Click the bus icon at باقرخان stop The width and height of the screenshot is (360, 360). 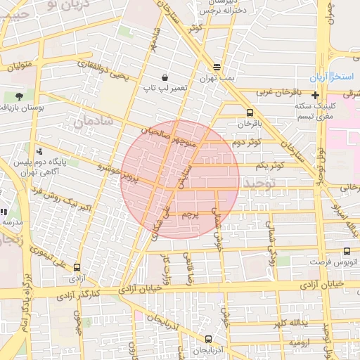pyautogui.click(x=250, y=112)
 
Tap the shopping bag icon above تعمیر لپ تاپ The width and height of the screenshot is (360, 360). pyautogui.click(x=165, y=77)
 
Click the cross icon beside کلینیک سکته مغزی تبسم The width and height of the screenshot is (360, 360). pyautogui.click(x=315, y=94)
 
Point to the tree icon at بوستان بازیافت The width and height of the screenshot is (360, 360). pyautogui.click(x=18, y=96)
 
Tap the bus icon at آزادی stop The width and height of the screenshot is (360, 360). pyautogui.click(x=77, y=267)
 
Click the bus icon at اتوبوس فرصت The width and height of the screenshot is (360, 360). pyautogui.click(x=347, y=251)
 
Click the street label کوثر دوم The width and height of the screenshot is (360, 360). pyautogui.click(x=246, y=143)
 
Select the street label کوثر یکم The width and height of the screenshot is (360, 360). pyautogui.click(x=269, y=165)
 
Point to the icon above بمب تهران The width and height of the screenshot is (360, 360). pyautogui.click(x=217, y=68)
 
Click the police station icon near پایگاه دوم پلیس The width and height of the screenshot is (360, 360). pyautogui.click(x=39, y=150)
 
